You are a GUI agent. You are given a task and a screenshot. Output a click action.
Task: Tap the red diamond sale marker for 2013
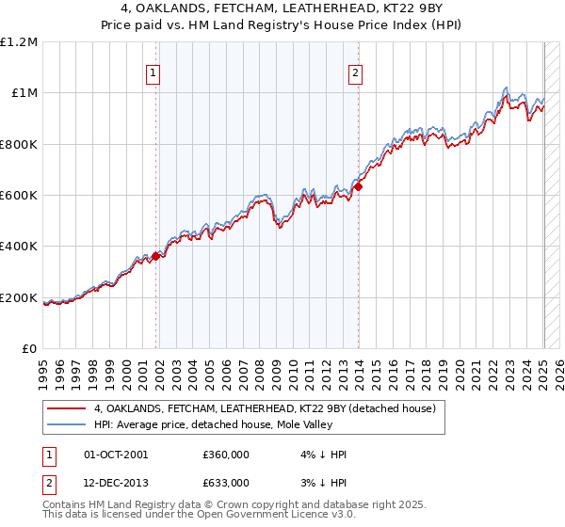click(x=359, y=186)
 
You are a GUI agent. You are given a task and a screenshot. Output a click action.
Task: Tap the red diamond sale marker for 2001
click(x=156, y=255)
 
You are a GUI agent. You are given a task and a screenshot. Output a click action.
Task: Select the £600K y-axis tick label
click(x=20, y=196)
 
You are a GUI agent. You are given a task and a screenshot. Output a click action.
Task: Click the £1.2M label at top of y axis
click(x=19, y=42)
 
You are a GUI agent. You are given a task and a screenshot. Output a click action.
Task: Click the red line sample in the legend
click(x=66, y=408)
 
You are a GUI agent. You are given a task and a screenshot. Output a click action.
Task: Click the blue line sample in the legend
click(x=66, y=425)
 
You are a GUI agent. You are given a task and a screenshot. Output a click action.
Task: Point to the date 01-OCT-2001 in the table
click(x=116, y=455)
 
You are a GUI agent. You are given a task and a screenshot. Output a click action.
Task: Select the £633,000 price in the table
click(x=226, y=483)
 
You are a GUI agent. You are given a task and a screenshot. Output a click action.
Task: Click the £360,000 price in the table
click(x=226, y=455)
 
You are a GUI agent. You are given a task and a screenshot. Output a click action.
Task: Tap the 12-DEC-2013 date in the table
click(x=116, y=483)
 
